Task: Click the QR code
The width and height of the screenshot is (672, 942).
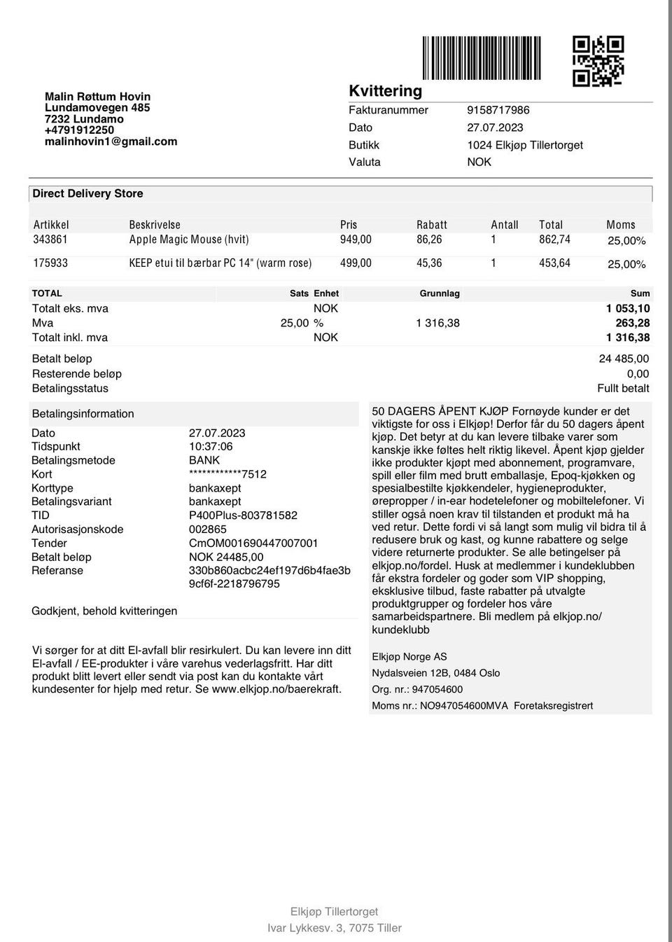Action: coord(598,61)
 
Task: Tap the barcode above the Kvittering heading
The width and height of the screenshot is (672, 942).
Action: coord(482,57)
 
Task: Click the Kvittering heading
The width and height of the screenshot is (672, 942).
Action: coord(385,91)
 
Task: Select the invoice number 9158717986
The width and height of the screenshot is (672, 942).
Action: coord(498,110)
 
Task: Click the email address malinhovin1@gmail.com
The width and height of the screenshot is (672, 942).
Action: coord(111,141)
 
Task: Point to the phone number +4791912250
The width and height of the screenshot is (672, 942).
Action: coord(79,130)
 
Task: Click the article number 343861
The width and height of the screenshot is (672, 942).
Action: coord(50,240)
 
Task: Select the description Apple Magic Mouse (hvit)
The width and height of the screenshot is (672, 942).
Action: coord(189,240)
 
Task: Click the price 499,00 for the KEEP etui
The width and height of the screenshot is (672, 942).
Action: coord(356,263)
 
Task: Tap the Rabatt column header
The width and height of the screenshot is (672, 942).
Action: coord(431,225)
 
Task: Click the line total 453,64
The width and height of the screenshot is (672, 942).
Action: coord(554,263)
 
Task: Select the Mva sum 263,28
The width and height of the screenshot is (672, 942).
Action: coord(632,323)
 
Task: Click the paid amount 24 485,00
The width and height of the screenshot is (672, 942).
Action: coord(624,359)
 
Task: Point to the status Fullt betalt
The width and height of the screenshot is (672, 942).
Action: coord(623,388)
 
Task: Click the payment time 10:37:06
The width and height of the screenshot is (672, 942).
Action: coord(211,446)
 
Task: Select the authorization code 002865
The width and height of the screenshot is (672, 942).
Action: coord(207,529)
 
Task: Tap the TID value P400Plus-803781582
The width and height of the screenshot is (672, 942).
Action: coord(243,515)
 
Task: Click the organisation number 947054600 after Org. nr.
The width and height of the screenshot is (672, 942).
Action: coord(437,689)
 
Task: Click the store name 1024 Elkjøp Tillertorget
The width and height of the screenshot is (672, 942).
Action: coord(524,145)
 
